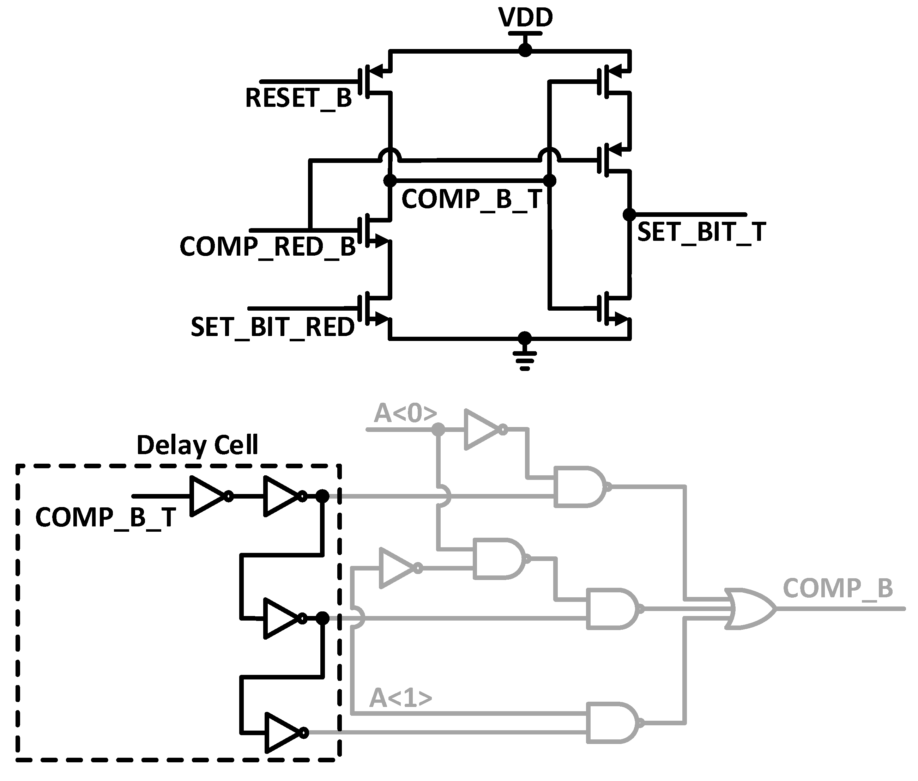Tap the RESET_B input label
coord(298,98)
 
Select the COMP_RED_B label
coord(267,246)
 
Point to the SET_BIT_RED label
coord(272,327)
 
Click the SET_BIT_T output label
coord(701,232)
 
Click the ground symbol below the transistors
coord(525,360)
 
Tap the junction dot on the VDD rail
coord(525,50)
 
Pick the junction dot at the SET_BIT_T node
coord(629,215)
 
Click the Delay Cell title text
coord(197,445)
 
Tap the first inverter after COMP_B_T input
coord(209,496)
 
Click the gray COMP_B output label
coord(837,588)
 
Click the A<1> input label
coord(400,698)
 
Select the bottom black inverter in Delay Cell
coord(284,733)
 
